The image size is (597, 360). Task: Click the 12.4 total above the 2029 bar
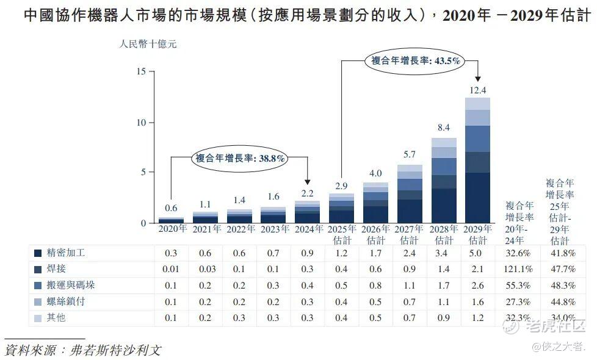(477, 90)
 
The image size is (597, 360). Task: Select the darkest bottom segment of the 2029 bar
(477, 198)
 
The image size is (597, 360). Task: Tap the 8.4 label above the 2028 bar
(444, 128)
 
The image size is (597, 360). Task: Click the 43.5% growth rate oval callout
(415, 60)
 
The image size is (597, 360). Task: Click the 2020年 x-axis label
(173, 229)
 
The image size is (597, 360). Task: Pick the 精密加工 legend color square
(38, 253)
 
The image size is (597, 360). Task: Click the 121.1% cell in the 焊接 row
(519, 269)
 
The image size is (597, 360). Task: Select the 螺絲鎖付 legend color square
(38, 301)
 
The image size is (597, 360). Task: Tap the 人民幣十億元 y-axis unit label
(149, 44)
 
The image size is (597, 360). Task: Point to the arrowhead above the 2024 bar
(307, 182)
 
